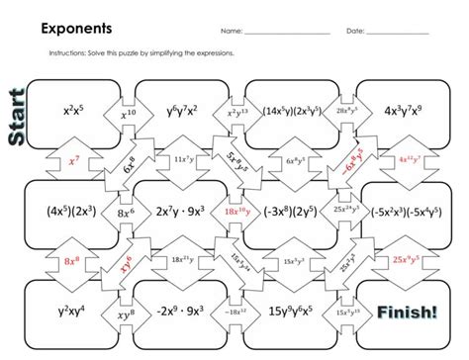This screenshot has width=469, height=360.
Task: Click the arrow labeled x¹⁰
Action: coord(130,114)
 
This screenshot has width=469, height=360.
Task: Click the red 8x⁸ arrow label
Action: coord(71,261)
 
